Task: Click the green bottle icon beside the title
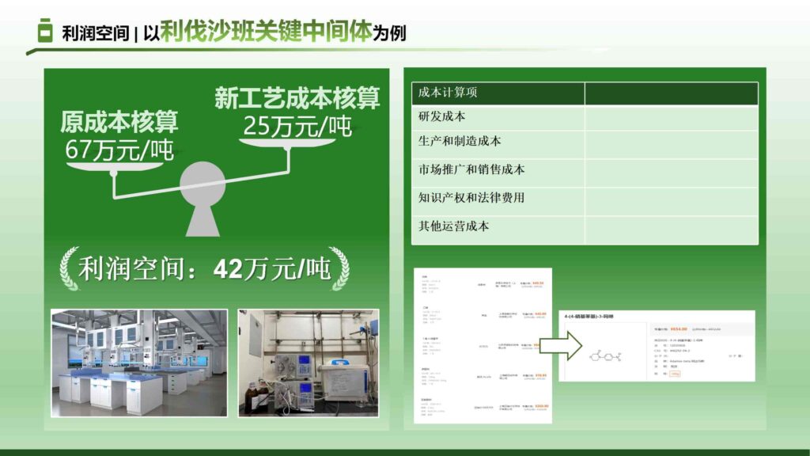point(45,32)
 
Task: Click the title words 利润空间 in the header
point(96,35)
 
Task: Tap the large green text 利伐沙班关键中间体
point(266,32)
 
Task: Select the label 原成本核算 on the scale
point(119,122)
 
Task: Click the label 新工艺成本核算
point(297,98)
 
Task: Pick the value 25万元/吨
point(297,125)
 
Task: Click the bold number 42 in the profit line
point(229,269)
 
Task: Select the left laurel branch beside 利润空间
point(67,268)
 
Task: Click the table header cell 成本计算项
point(448,93)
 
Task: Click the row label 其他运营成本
point(453,226)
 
